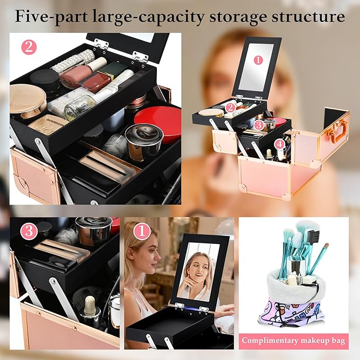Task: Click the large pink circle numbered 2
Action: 28,47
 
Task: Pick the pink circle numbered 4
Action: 280,143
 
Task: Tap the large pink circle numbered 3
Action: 28,231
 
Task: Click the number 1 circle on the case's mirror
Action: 258,60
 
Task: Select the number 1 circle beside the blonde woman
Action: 141,231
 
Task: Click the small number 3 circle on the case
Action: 258,125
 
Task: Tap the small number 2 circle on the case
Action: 230,108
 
